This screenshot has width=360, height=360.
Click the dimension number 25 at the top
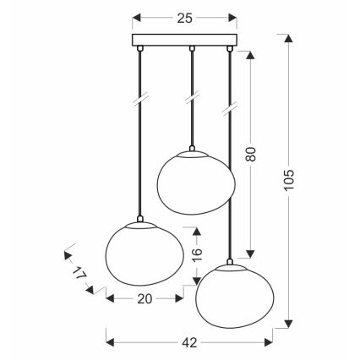[x=184, y=19]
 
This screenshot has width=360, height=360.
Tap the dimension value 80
[x=251, y=154]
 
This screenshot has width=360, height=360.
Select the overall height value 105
[x=289, y=180]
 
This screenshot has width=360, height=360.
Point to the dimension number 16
[x=198, y=254]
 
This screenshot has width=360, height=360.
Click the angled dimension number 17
[x=79, y=273]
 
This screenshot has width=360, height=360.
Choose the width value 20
[x=145, y=299]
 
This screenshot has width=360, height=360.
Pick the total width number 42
[x=189, y=342]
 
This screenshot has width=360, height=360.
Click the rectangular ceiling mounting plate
[x=184, y=40]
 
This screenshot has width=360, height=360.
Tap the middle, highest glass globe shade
[x=196, y=183]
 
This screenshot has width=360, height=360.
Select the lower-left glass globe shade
[x=145, y=254]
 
